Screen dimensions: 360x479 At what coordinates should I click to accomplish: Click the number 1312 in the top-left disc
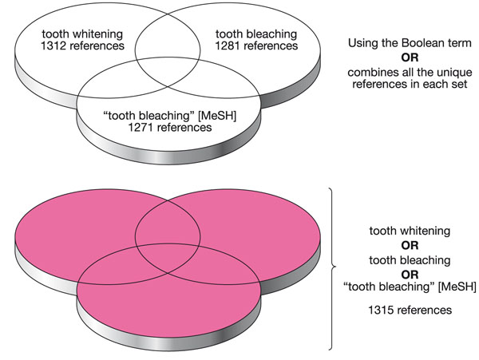tap(46, 45)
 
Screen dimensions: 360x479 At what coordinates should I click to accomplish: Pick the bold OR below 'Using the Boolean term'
tap(411, 57)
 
